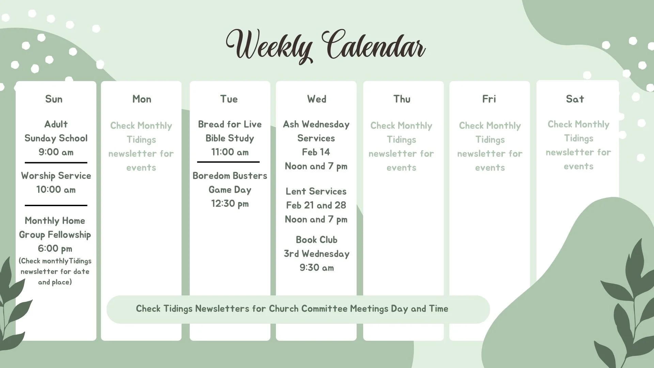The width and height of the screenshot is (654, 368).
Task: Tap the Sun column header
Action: [x=54, y=99]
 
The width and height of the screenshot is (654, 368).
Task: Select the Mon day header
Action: [x=142, y=99]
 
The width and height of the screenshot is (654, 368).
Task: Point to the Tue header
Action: [x=229, y=99]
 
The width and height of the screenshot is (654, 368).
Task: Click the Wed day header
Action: [x=316, y=99]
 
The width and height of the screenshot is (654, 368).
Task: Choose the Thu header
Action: [x=402, y=99]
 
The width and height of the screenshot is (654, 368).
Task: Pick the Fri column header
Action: [x=489, y=99]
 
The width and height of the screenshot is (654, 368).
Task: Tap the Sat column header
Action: [x=575, y=99]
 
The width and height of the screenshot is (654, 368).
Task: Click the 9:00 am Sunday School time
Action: [x=56, y=152]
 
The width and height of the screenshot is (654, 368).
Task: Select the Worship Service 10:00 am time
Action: [x=56, y=190]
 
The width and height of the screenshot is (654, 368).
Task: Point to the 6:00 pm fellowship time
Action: [x=55, y=249]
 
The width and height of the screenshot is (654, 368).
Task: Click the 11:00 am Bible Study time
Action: [x=230, y=152]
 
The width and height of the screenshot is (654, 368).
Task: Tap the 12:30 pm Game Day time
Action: [x=230, y=204]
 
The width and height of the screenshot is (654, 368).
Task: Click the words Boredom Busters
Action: [x=230, y=176]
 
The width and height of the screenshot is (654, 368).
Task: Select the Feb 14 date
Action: [x=316, y=152]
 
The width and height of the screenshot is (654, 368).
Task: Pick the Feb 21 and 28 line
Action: [x=316, y=205]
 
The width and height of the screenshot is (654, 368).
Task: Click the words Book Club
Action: [x=316, y=240]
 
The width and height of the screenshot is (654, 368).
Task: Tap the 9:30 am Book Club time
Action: [x=316, y=268]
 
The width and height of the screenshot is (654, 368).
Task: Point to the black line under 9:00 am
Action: [x=56, y=163]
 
